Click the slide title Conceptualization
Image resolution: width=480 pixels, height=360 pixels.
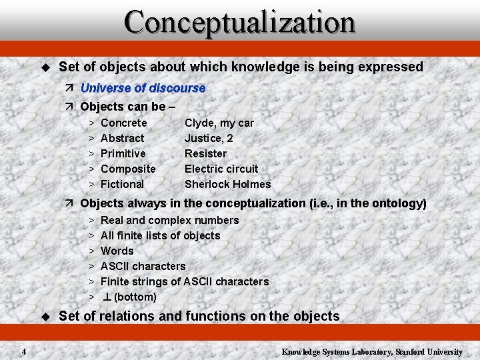pyautogui.click(x=240, y=22)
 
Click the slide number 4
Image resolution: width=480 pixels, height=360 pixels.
pyautogui.click(x=23, y=351)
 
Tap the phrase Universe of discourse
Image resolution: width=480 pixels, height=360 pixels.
pyautogui.click(x=143, y=88)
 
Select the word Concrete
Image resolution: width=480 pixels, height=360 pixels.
pyautogui.click(x=123, y=123)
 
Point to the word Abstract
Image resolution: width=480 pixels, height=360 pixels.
pyautogui.click(x=122, y=138)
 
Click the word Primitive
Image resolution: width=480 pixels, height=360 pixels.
pyautogui.click(x=123, y=153)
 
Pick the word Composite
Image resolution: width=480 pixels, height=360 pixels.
pyautogui.click(x=128, y=169)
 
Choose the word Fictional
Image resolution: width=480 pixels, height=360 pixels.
pyautogui.click(x=122, y=184)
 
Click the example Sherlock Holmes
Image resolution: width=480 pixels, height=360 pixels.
pyautogui.click(x=227, y=184)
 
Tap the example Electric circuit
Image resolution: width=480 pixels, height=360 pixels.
pyautogui.click(x=221, y=169)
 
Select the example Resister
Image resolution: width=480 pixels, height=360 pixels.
pyautogui.click(x=205, y=153)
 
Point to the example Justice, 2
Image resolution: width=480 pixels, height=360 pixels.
pyautogui.click(x=209, y=138)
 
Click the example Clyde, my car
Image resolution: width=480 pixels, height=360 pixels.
pyautogui.click(x=219, y=123)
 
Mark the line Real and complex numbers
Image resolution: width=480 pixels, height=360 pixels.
pyautogui.click(x=169, y=220)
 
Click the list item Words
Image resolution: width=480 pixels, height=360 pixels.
pyautogui.click(x=117, y=251)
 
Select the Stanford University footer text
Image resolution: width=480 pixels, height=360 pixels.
pyautogui.click(x=371, y=351)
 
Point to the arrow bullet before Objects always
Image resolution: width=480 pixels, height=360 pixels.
pyautogui.click(x=70, y=203)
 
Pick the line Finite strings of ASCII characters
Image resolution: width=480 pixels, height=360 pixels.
pyautogui.click(x=184, y=281)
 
